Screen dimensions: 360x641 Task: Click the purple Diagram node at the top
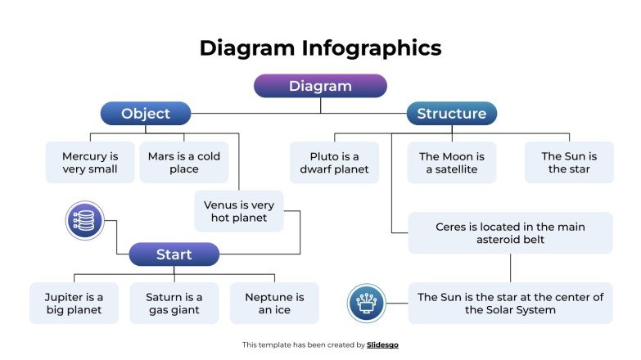tap(320, 86)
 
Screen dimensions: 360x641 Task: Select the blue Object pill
tap(146, 114)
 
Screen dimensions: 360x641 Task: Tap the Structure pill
tap(451, 114)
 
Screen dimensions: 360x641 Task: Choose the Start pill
tap(174, 254)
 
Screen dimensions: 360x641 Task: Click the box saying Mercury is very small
tap(90, 162)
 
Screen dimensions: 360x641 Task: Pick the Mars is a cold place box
tap(183, 162)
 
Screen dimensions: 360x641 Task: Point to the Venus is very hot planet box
tap(239, 211)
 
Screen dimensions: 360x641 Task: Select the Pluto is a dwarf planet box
tap(334, 162)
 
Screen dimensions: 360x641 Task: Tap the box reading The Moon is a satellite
tap(452, 162)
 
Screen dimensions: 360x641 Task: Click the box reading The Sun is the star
tap(569, 162)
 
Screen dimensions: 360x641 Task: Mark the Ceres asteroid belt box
tap(510, 233)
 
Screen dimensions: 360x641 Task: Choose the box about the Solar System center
tap(510, 304)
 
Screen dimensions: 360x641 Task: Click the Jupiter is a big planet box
tap(74, 304)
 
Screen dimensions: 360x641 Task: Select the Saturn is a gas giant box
tap(174, 304)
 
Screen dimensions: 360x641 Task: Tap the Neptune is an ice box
tap(274, 304)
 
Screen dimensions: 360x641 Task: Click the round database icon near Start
tap(85, 221)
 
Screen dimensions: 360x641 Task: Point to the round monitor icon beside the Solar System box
tap(367, 304)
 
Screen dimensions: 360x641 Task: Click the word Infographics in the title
tap(372, 47)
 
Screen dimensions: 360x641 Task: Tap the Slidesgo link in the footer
tap(383, 345)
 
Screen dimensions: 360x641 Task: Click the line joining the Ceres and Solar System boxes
tap(510, 268)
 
